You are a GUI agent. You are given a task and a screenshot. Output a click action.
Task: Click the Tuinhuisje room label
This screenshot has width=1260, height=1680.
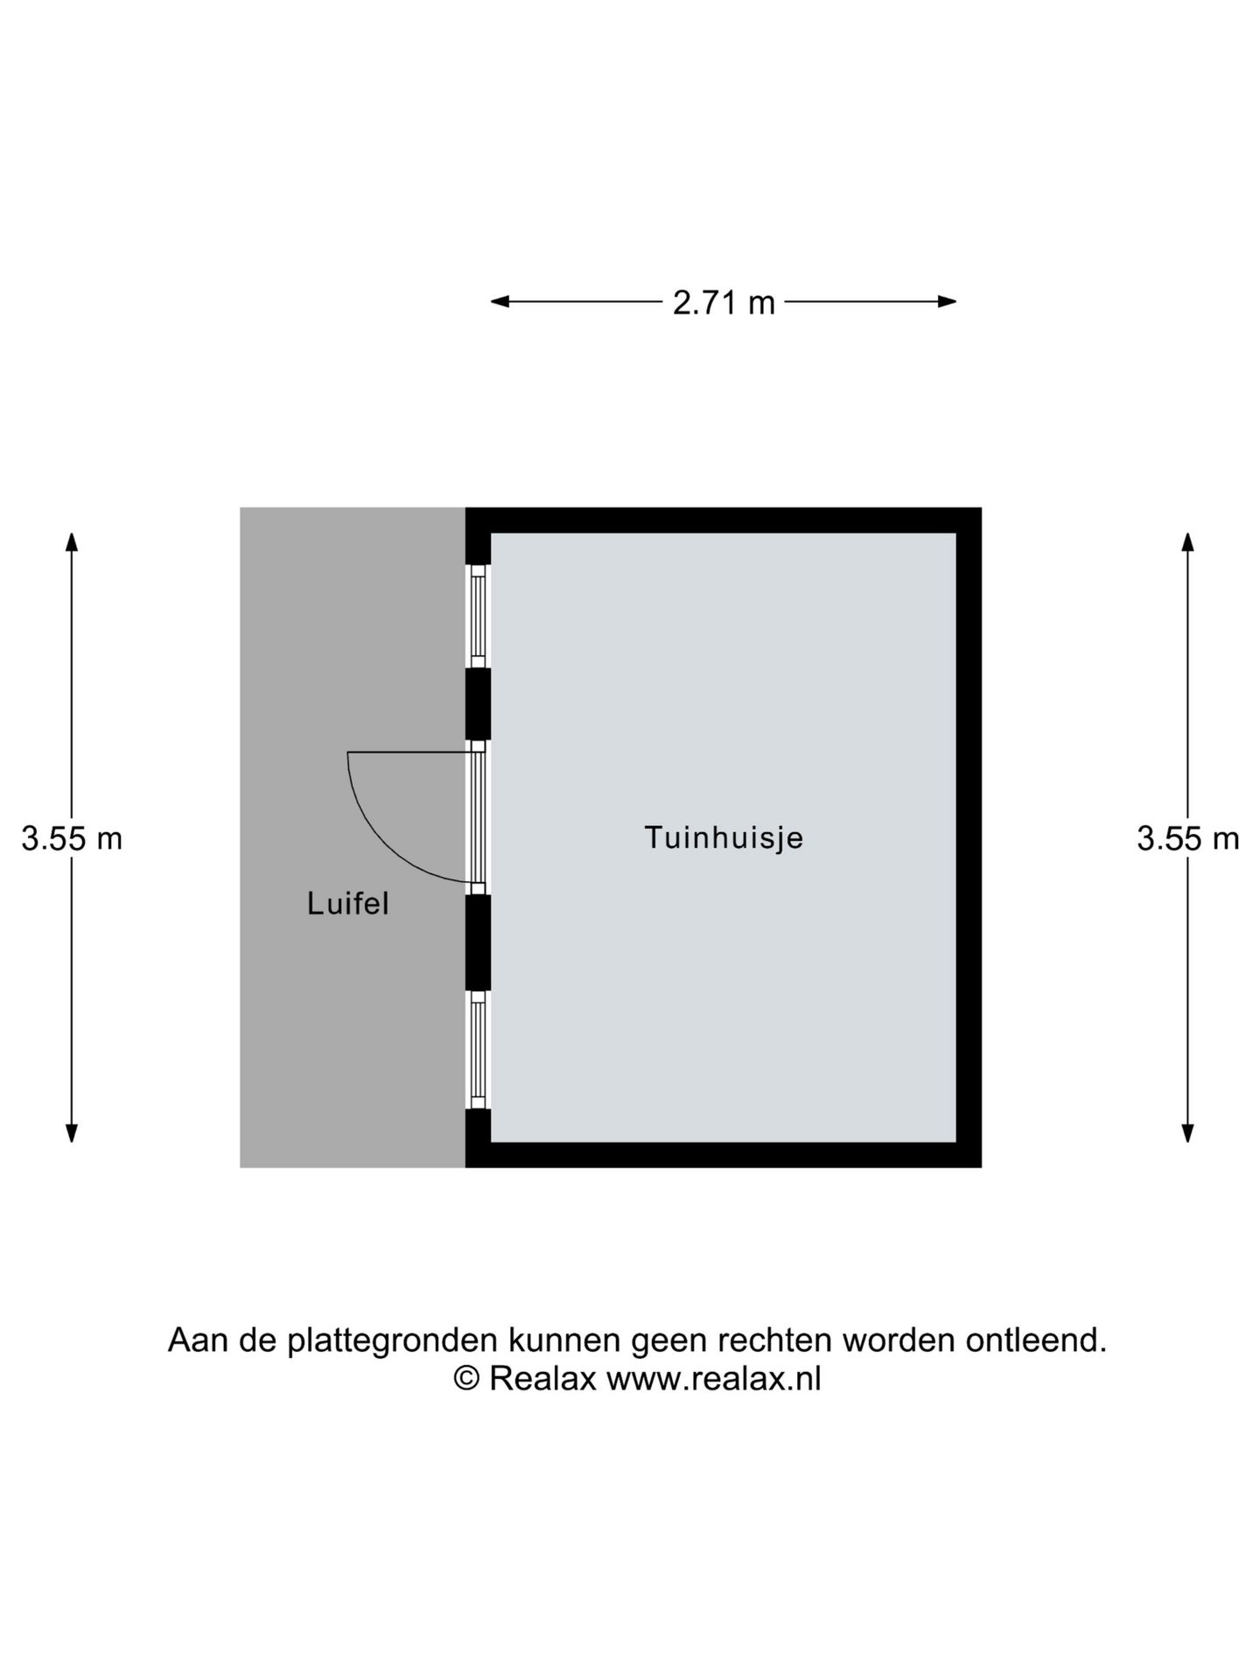[724, 838]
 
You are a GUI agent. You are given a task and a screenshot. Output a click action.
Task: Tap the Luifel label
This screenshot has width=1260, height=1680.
[347, 904]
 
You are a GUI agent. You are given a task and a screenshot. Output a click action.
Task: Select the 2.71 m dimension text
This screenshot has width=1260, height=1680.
[724, 303]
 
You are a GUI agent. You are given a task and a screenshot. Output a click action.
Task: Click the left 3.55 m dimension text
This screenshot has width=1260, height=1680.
[72, 839]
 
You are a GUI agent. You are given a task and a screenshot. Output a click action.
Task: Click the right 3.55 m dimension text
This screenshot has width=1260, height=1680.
[1187, 839]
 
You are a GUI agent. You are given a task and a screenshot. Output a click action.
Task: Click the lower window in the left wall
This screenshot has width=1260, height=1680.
[478, 1050]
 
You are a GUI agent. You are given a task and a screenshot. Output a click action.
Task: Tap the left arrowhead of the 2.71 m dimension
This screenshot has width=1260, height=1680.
[500, 302]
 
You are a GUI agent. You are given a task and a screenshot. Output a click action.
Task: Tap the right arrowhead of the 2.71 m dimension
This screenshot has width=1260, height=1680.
[947, 302]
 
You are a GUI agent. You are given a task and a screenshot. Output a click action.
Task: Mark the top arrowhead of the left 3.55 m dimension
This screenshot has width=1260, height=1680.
[72, 542]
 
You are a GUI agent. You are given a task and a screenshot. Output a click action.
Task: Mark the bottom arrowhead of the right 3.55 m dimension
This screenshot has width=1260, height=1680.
[1187, 1133]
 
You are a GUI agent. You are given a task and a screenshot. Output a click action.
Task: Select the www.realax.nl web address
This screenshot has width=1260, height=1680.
[714, 1379]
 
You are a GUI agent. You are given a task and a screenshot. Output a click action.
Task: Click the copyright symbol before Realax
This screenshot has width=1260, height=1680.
[466, 1379]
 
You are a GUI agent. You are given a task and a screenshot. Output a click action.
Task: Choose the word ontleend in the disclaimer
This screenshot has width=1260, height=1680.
[1036, 1340]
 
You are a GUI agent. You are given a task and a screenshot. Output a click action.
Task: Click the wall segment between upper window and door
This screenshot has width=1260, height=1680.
[478, 704]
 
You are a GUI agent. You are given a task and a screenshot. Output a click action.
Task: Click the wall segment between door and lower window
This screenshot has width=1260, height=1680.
[478, 942]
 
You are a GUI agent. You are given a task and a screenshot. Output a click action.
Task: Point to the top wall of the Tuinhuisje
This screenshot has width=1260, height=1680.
[724, 521]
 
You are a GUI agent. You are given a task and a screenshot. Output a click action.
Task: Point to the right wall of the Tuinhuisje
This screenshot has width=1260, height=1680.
[969, 837]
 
